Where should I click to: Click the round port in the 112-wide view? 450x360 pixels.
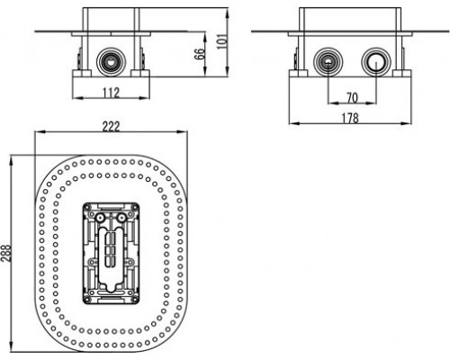(111, 62)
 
